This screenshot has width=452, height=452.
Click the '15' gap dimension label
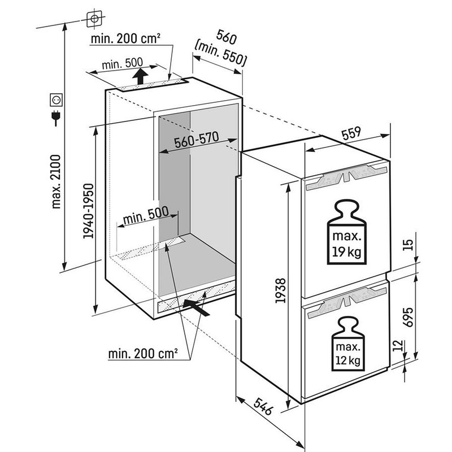(x=410, y=244)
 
